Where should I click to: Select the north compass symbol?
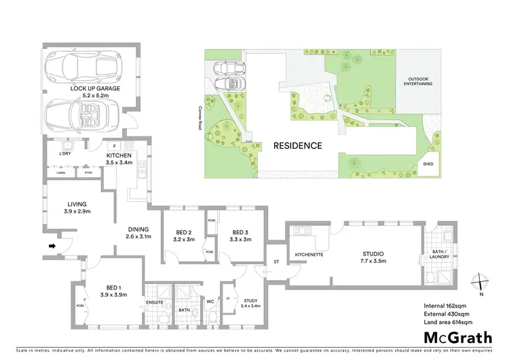point(480,281)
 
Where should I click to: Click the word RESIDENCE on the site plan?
point(297,145)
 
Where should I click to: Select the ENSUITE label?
point(155,303)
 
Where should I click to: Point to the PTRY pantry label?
point(88,174)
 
